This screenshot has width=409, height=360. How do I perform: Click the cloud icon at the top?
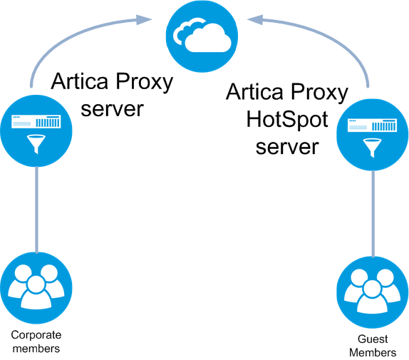[x=202, y=36]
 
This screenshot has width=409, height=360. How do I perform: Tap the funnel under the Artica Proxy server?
[x=36, y=144]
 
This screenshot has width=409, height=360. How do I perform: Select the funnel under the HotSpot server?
[x=373, y=148]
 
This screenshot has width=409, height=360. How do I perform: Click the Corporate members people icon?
[x=36, y=288]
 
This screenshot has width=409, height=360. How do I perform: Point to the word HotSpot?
[x=287, y=120]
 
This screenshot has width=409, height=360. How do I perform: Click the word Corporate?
[x=36, y=335]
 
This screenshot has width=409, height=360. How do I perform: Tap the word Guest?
[x=373, y=339]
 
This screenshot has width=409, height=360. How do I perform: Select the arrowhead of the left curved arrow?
[x=143, y=19]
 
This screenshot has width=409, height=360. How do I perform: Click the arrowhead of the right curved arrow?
[x=255, y=19]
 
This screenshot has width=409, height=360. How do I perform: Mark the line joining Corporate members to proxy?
[x=36, y=210]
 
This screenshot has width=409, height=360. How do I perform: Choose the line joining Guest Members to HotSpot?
[x=373, y=214]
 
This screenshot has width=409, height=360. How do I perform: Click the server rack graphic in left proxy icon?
[x=36, y=122]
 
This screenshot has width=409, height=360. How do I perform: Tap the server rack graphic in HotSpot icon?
[x=373, y=125]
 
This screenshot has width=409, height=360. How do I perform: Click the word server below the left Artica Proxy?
[x=112, y=109]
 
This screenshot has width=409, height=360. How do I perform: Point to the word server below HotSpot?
[x=287, y=147]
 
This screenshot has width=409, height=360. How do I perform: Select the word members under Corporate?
[x=36, y=349]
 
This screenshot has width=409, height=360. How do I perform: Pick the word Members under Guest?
[x=373, y=353]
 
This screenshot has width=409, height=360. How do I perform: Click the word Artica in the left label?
[x=80, y=81]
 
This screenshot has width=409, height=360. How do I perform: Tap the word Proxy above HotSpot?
[x=319, y=93]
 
